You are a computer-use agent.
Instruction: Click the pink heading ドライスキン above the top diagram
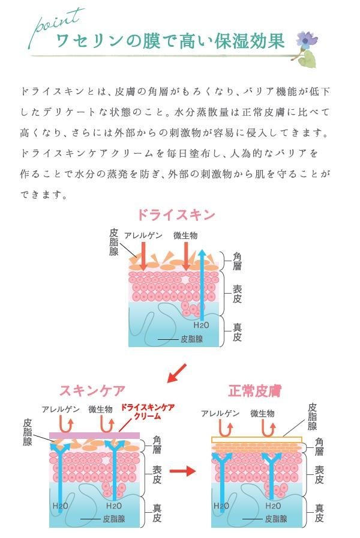pyautogui.click(x=176, y=214)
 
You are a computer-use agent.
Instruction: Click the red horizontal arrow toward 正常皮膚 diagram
pyautogui.click(x=182, y=471)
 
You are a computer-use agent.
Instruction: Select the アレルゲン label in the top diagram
pyautogui.click(x=142, y=235)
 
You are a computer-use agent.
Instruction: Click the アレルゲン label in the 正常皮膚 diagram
pyautogui.click(x=220, y=414)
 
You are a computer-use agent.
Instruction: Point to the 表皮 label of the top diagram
pyautogui.click(x=238, y=294)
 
